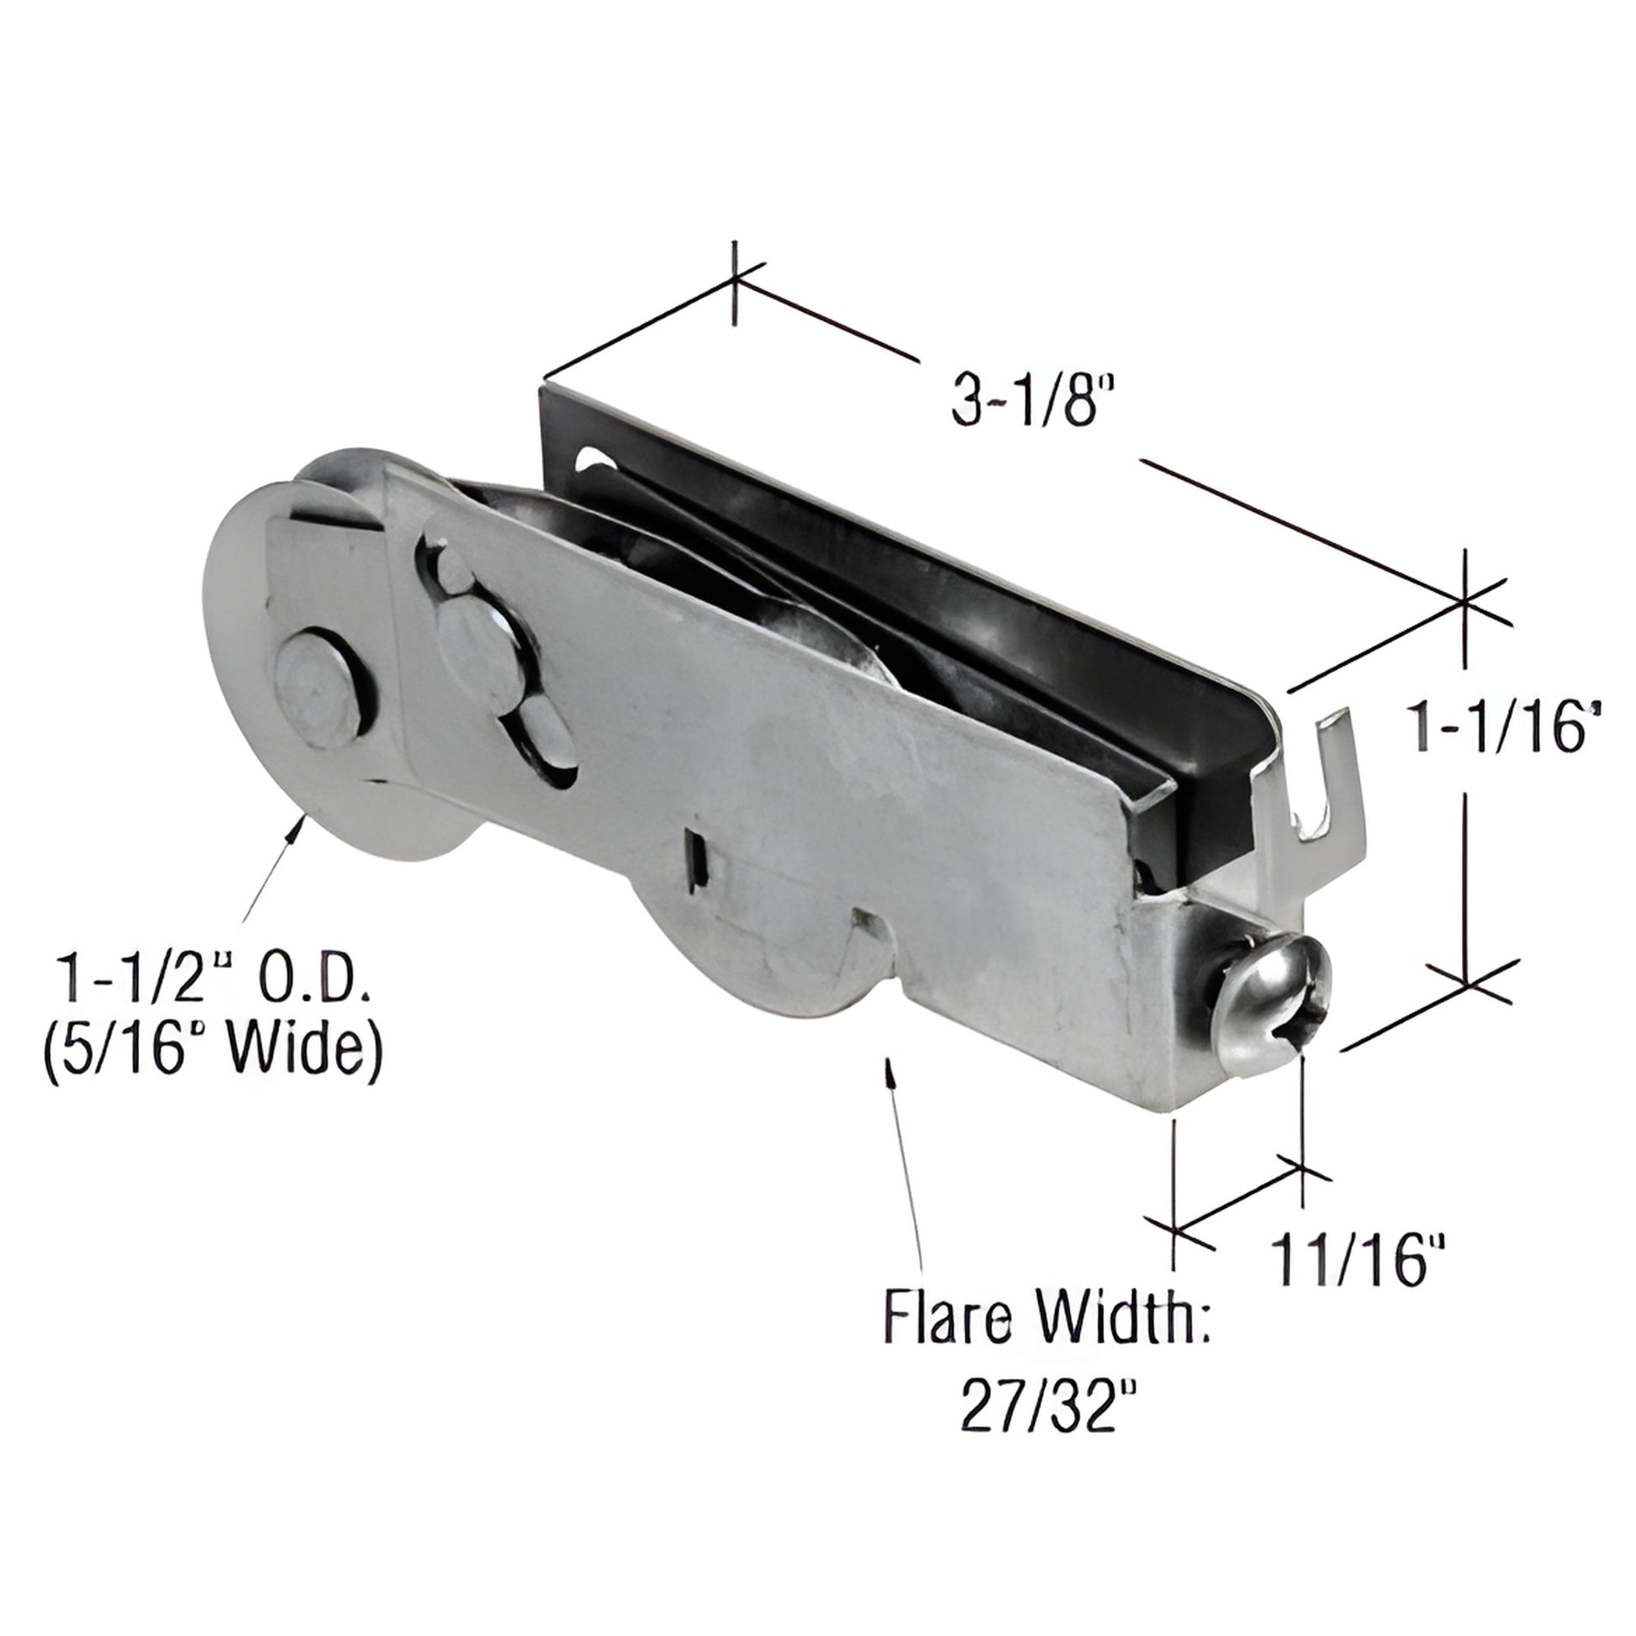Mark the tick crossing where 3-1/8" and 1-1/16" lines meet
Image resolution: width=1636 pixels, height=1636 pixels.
(x=1464, y=602)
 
